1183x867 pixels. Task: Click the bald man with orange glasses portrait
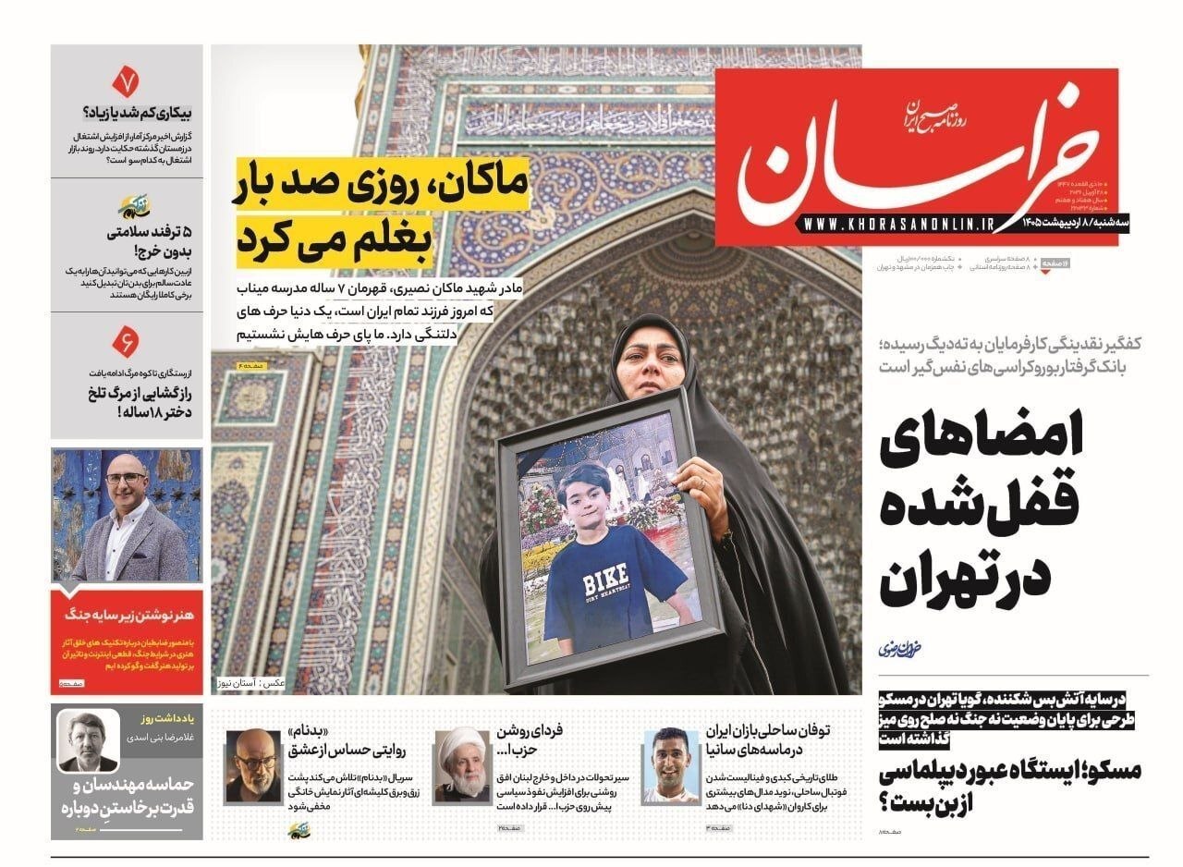click(x=252, y=765)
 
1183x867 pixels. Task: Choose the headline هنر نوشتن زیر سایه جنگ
click(x=128, y=613)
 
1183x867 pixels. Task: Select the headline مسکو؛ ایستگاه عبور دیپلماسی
click(x=1012, y=785)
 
